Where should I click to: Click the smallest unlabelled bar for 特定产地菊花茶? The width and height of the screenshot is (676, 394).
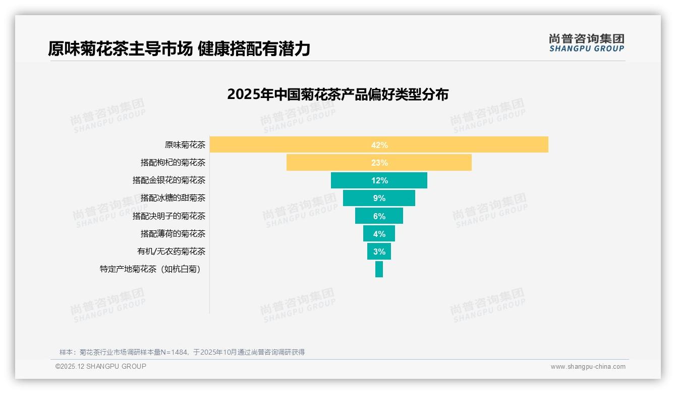379,269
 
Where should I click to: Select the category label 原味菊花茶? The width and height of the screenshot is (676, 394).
185,145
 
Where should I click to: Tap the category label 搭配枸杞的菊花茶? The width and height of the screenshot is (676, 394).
173,163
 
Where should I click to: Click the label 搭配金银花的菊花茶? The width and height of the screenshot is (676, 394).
169,180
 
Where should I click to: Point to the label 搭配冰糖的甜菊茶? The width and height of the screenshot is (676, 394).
173,198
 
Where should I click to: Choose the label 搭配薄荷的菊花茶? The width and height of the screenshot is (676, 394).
173,234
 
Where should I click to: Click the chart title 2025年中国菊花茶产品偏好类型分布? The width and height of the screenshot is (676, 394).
337,94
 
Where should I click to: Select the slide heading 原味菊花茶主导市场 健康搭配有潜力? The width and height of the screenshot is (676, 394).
179,48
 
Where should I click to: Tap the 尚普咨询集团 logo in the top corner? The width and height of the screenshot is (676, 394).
587,43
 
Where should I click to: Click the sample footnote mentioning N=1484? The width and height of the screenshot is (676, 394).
182,352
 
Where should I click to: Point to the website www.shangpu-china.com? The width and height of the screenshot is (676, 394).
588,367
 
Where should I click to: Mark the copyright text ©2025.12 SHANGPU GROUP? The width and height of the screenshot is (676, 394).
101,366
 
